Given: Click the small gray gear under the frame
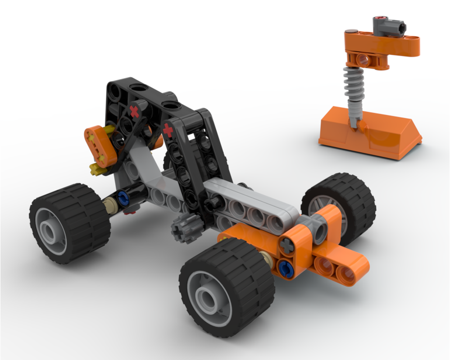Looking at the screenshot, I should tap(183, 229).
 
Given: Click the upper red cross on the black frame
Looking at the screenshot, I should tap(134, 111).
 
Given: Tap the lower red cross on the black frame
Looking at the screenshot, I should tap(168, 131).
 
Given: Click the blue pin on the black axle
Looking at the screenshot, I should tap(122, 197).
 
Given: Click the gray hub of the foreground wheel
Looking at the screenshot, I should tap(208, 297).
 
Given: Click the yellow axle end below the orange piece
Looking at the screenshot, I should tap(96, 170).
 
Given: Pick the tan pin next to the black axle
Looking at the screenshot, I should tap(109, 206).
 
